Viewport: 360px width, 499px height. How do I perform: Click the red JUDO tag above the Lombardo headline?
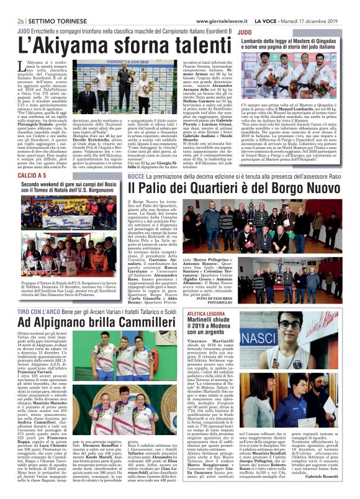click(x=245, y=30)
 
